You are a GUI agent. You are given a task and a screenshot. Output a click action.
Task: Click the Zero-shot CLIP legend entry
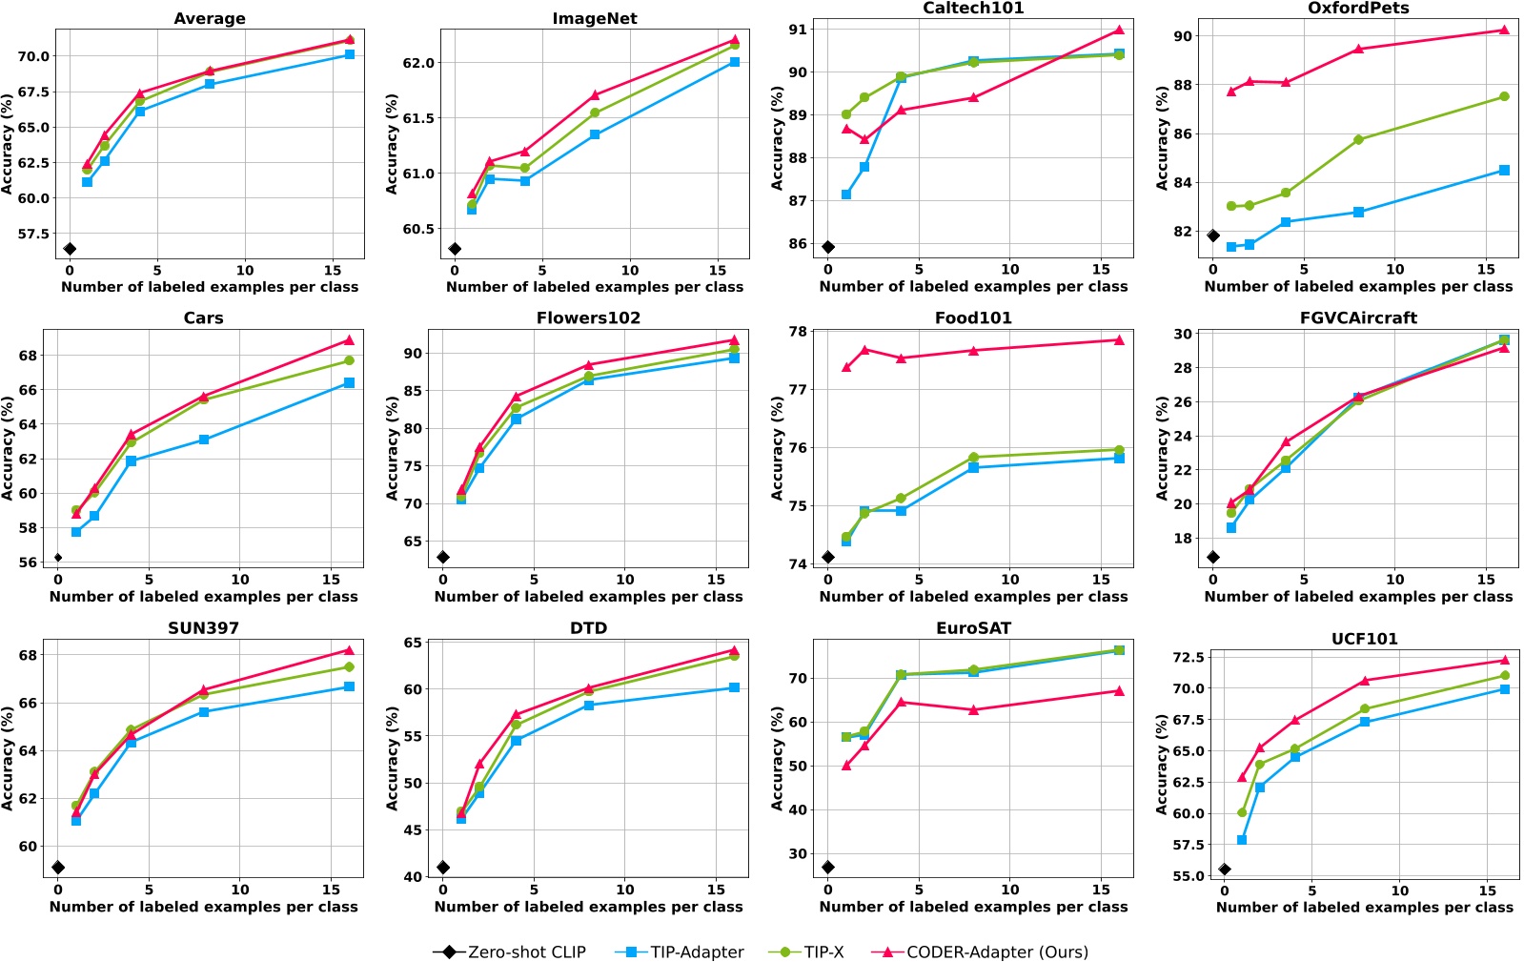pos(509,952)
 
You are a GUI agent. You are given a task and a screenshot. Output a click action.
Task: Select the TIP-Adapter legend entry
pos(680,952)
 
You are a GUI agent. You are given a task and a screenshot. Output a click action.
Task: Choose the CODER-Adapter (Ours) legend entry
pos(982,952)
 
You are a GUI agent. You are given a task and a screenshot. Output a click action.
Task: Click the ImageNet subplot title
pos(595,19)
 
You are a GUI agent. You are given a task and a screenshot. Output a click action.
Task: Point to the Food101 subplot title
pos(973,318)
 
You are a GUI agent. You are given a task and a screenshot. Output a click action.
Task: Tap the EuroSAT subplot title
pos(973,628)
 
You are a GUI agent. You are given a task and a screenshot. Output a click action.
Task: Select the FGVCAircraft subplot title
pos(1358,318)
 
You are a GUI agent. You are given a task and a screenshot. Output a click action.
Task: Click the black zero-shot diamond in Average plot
pos(70,249)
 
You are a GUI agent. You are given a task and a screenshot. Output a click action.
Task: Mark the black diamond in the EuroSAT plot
pos(828,868)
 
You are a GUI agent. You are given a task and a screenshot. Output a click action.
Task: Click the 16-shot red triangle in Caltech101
pos(1119,30)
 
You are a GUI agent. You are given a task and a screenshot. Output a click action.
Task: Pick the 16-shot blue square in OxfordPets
pos(1504,171)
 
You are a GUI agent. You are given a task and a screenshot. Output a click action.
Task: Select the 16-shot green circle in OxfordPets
pos(1504,96)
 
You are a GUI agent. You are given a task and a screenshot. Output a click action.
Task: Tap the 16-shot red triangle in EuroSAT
pos(1119,691)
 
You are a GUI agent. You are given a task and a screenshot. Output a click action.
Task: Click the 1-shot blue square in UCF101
pos(1242,840)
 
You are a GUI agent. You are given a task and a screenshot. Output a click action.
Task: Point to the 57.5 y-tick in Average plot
pos(33,235)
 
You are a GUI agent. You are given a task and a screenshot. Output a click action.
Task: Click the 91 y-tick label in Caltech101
pos(797,30)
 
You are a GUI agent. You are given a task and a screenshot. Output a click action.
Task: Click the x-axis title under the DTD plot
pos(588,907)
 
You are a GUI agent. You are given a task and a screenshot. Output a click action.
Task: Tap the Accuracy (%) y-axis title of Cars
pos(9,449)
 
